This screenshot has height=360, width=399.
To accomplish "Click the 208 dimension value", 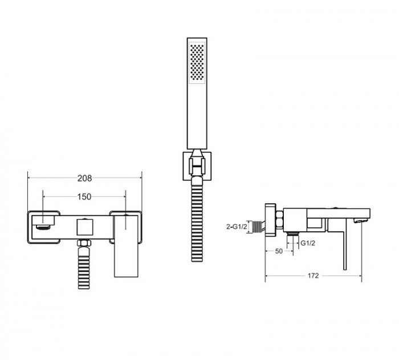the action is point(84,179).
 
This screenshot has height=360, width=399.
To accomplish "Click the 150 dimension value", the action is point(84,197).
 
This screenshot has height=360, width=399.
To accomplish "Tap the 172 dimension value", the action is point(313,276).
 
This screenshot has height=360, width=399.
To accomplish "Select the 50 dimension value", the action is point(279,251).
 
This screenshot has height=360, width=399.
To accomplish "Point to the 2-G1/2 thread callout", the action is point(237,226).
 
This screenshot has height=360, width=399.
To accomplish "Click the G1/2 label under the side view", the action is point(308,243).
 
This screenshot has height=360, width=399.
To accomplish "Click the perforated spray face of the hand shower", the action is point(197,63).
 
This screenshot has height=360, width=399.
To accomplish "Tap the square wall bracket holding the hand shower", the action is point(197,167).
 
